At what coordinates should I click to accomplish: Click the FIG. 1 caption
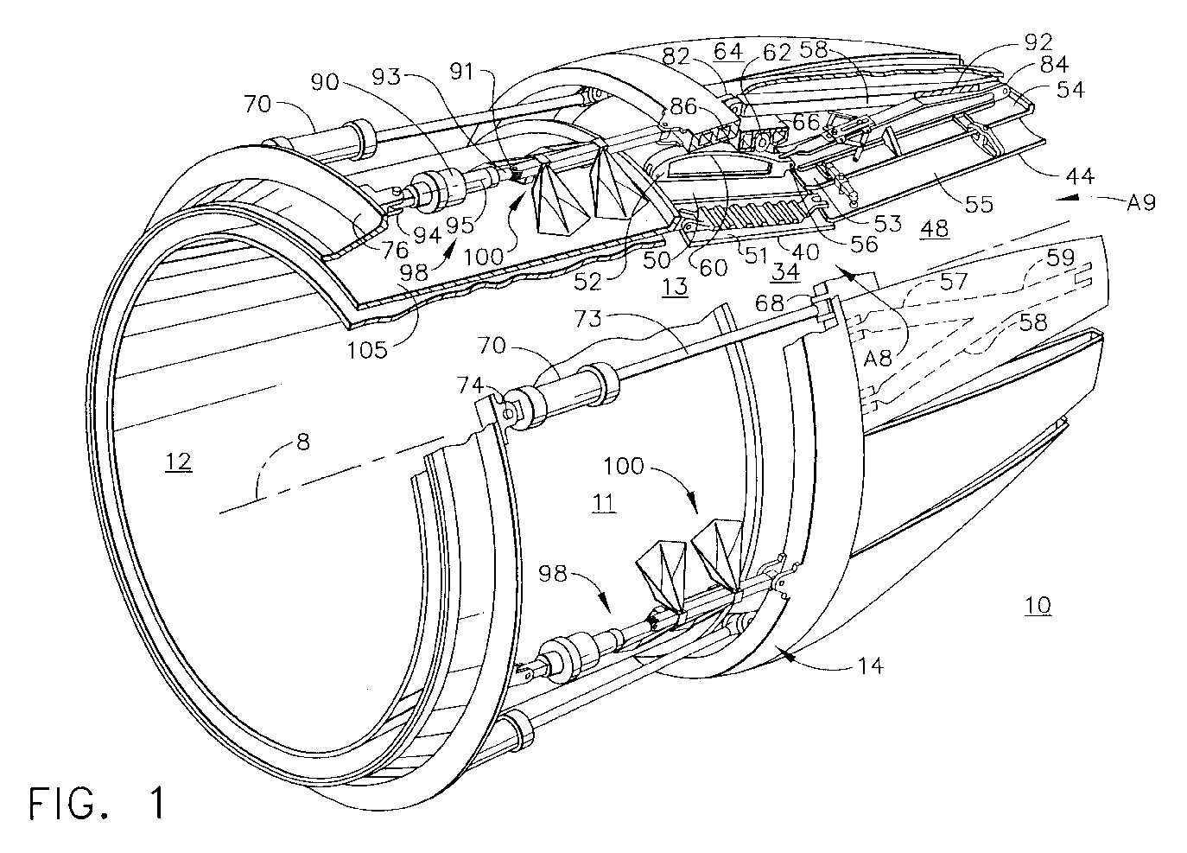click(97, 804)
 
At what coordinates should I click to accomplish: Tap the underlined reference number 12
click(179, 462)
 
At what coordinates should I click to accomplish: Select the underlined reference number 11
click(604, 503)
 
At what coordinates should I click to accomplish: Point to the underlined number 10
click(1038, 605)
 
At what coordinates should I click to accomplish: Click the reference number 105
click(367, 350)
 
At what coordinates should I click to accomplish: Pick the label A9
click(1140, 202)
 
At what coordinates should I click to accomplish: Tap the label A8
click(878, 359)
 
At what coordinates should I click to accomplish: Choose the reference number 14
click(870, 665)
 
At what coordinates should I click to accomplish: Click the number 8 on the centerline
click(303, 442)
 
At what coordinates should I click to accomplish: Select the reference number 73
click(588, 319)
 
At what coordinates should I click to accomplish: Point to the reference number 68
click(770, 303)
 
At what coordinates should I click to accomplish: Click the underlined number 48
click(934, 228)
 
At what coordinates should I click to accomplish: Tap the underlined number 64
click(728, 52)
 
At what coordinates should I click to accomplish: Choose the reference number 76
click(396, 250)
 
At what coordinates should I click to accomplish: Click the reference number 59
click(1060, 258)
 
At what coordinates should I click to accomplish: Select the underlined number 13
click(675, 287)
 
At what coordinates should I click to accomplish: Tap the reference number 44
click(1079, 175)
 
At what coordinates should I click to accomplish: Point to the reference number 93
click(386, 78)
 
